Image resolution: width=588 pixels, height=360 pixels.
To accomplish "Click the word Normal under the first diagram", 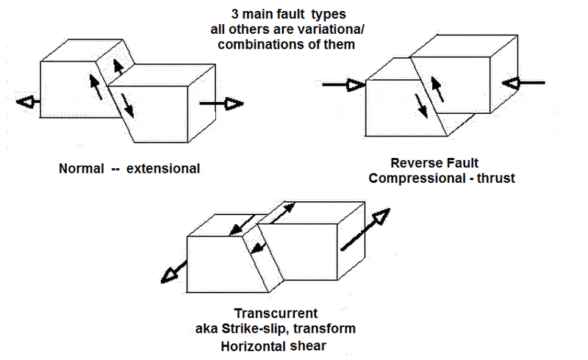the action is (x=82, y=169).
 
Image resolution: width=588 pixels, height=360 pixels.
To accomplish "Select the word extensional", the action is (x=163, y=169).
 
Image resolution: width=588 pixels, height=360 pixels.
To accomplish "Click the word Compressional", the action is (x=417, y=179).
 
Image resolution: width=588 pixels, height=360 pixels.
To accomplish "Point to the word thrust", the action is (x=495, y=178).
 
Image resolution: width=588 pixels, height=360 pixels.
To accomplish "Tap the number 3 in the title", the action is (x=234, y=14).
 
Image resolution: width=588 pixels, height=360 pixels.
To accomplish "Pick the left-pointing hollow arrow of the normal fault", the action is (x=29, y=101).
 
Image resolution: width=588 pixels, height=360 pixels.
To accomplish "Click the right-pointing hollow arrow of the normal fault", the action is (x=222, y=104).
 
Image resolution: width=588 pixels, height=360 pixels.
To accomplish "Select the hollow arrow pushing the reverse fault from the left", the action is (x=343, y=85).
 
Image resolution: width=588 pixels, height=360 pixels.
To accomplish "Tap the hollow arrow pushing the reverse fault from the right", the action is (x=523, y=83).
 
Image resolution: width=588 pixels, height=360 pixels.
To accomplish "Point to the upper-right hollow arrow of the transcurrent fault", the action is (x=365, y=229).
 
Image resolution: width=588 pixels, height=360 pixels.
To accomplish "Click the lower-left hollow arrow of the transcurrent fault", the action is (x=173, y=272).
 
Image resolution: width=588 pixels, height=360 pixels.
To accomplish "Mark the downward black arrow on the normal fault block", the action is (x=127, y=106).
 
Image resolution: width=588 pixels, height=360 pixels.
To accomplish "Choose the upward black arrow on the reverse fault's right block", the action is (x=437, y=89).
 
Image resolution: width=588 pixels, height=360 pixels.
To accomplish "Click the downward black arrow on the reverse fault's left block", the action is (x=421, y=106).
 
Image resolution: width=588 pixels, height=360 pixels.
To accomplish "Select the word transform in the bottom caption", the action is (x=324, y=329).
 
